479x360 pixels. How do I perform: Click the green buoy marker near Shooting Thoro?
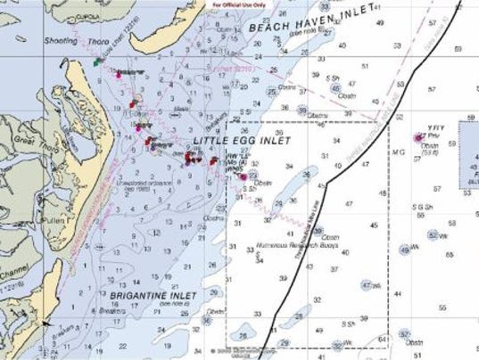[97, 61]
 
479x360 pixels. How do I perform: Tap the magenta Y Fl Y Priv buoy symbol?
[420, 137]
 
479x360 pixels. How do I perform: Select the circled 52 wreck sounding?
[432, 235]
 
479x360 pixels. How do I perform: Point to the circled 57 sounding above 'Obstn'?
[404, 333]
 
